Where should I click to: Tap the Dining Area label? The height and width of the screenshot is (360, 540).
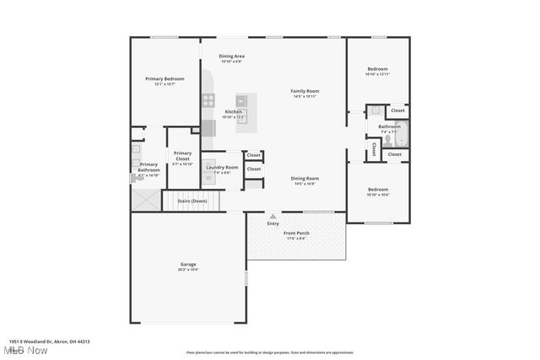[x=231, y=56]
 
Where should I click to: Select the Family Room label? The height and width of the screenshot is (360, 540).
[x=305, y=91]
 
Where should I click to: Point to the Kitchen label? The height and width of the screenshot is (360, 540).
[x=233, y=112]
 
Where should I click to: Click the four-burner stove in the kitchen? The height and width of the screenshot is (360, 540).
[x=208, y=101]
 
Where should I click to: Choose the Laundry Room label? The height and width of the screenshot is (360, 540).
[x=222, y=167]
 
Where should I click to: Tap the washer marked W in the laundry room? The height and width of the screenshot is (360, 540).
[x=209, y=178]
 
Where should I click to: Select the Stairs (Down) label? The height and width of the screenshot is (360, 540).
[x=192, y=201]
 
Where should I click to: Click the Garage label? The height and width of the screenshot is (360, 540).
[x=187, y=264]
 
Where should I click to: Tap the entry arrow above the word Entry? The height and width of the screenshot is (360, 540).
[x=273, y=217]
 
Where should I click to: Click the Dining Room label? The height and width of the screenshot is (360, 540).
[x=305, y=178]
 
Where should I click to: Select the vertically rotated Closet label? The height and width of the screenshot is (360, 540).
[x=375, y=148]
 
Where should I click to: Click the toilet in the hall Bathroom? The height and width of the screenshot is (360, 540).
[x=389, y=141]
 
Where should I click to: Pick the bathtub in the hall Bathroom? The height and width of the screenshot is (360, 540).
[x=402, y=135]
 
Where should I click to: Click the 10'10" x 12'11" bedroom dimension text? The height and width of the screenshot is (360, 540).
[x=377, y=74]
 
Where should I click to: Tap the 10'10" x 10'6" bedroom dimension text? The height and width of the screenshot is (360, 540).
[x=377, y=195]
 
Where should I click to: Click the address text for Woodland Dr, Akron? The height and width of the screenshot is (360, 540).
[x=49, y=341]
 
